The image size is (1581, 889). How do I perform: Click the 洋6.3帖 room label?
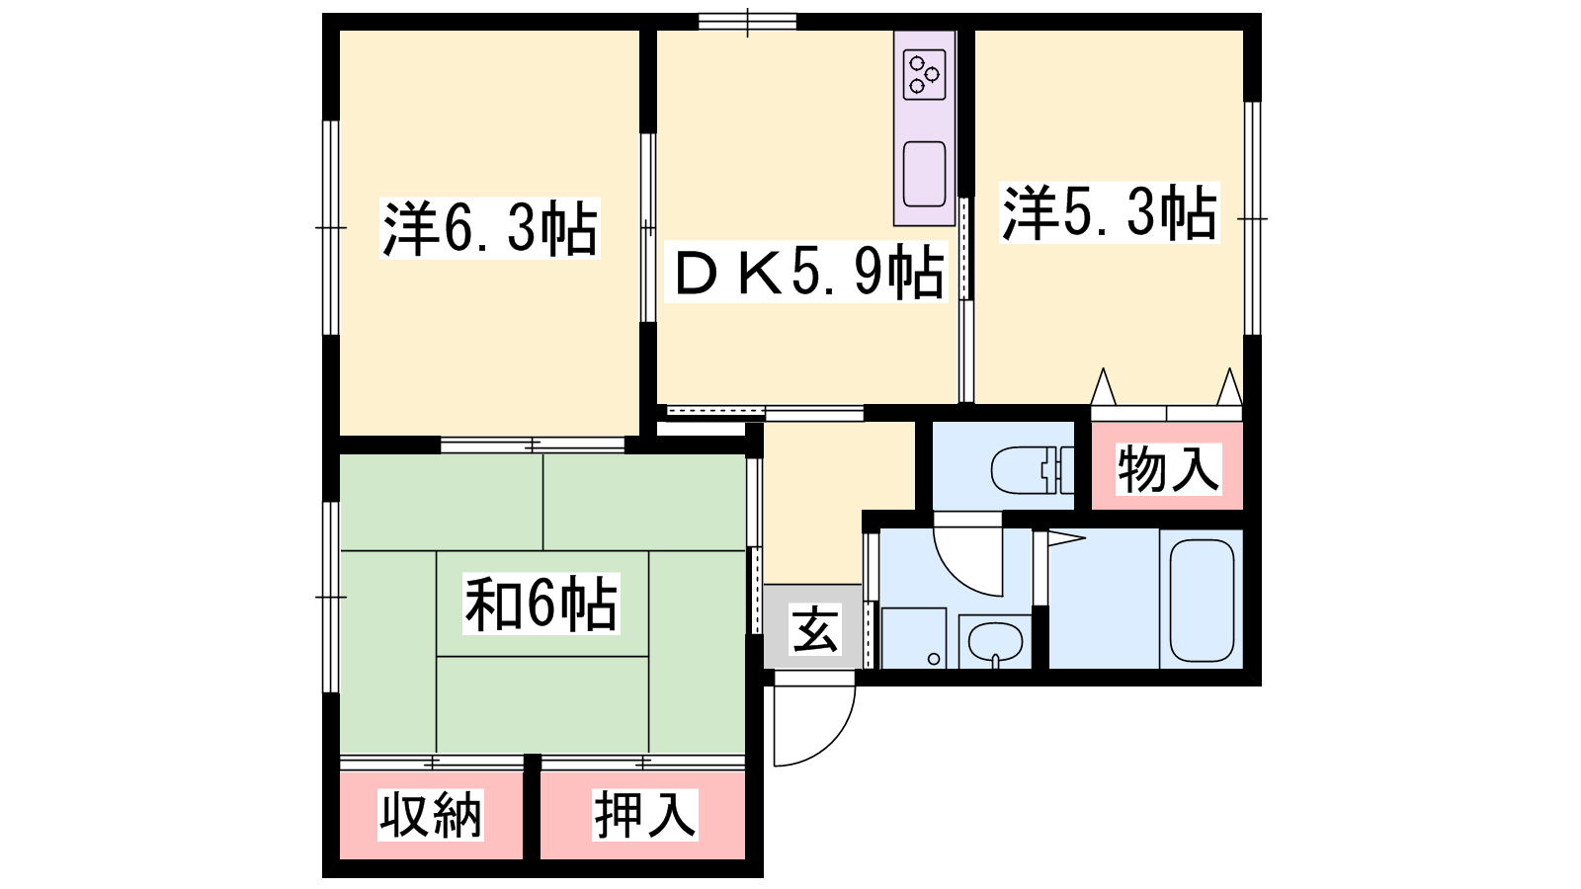(x=490, y=228)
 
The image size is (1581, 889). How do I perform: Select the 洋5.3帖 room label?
(x=1110, y=212)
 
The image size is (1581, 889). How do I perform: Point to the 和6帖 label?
(x=541, y=604)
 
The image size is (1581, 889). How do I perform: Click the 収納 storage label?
(x=431, y=815)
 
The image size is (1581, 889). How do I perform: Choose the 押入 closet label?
(x=644, y=815)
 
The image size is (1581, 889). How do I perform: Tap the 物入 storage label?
(x=1168, y=469)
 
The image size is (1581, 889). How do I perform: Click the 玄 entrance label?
(x=815, y=630)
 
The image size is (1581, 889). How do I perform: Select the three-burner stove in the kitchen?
(x=925, y=75)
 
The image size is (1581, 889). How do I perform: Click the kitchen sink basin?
(x=925, y=174)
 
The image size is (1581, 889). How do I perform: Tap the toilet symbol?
(x=1032, y=470)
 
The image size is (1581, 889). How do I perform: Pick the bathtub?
(x=1202, y=601)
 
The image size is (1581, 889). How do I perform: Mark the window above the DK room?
(x=747, y=22)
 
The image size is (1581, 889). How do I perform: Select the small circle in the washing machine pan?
(x=934, y=659)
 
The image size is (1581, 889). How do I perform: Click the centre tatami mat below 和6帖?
(x=542, y=705)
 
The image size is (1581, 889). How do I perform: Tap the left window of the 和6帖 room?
(x=331, y=597)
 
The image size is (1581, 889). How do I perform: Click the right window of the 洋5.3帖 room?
(x=1252, y=218)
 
